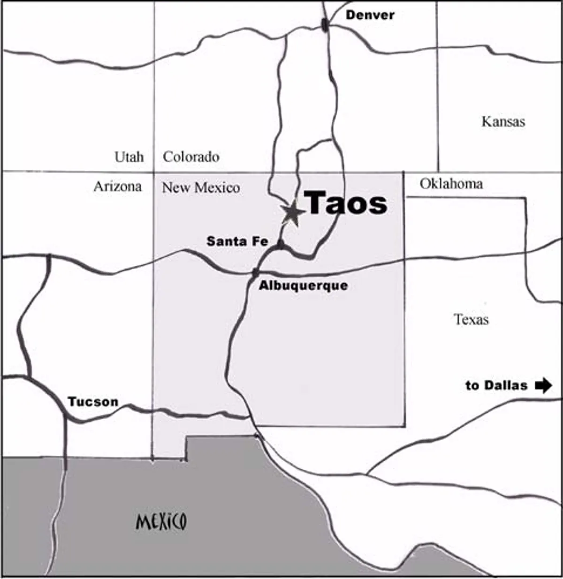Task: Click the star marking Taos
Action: (x=292, y=213)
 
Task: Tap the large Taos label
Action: (x=347, y=203)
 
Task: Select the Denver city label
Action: (x=370, y=15)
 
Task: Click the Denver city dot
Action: (x=325, y=25)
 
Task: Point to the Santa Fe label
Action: (x=237, y=241)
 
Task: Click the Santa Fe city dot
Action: (x=280, y=244)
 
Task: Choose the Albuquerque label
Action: (x=304, y=285)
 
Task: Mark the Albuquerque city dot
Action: (x=255, y=272)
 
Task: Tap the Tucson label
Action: (x=93, y=402)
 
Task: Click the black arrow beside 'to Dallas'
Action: (x=543, y=385)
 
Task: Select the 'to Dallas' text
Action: (x=496, y=385)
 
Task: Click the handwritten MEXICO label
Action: (x=161, y=521)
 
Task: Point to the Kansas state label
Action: (x=503, y=122)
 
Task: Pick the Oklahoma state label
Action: (x=451, y=183)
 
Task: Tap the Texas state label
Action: (x=471, y=320)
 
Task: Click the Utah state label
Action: (x=129, y=157)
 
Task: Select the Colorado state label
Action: (x=191, y=157)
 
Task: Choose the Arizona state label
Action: (x=117, y=187)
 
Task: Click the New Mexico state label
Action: (x=201, y=188)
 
